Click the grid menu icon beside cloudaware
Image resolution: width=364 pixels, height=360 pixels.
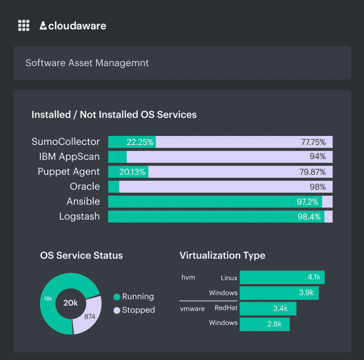(x=24, y=26)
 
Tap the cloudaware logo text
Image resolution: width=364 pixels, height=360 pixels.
(x=73, y=26)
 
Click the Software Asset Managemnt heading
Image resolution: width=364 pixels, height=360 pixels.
(x=87, y=63)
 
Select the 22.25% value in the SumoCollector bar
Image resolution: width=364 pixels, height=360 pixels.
(x=140, y=142)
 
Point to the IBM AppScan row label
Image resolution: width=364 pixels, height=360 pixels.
(x=70, y=157)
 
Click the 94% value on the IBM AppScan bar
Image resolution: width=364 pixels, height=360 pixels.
(x=317, y=157)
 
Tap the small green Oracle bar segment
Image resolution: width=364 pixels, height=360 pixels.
(x=114, y=187)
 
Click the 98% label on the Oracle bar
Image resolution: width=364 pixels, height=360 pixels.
(x=317, y=187)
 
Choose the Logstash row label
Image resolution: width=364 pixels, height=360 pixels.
(x=80, y=217)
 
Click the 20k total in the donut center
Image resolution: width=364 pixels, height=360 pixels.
(x=70, y=303)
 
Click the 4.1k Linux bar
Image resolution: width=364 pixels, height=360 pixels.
(x=282, y=277)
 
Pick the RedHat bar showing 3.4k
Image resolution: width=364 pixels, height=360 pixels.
(x=268, y=308)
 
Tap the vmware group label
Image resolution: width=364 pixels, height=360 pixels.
(x=192, y=309)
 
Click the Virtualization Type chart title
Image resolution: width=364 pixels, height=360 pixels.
(x=222, y=256)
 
